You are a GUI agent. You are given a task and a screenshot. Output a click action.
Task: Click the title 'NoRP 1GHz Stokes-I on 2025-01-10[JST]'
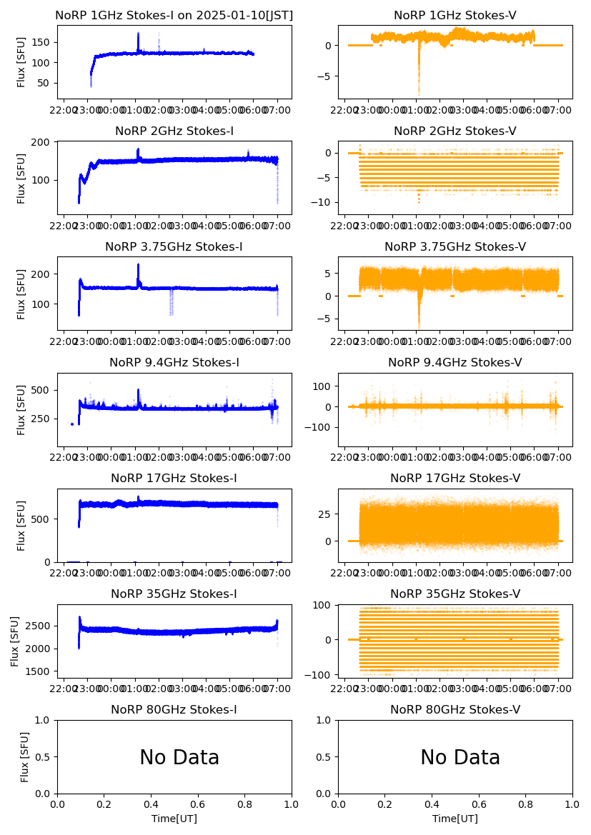click(x=174, y=16)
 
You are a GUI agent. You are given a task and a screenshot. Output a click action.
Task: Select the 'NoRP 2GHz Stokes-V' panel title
click(x=455, y=131)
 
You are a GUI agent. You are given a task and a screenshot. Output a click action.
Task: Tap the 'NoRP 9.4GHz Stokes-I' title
click(x=174, y=363)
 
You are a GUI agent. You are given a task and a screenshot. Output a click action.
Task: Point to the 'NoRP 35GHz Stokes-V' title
click(x=455, y=594)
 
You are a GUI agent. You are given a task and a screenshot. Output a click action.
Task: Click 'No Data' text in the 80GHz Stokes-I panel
click(x=179, y=757)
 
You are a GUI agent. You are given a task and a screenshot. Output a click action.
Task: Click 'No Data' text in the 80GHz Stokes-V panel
click(x=460, y=757)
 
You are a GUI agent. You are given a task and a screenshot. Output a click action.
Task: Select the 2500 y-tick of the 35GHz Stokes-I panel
click(x=37, y=626)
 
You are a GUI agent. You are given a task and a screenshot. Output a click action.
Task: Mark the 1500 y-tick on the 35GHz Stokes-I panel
click(x=37, y=672)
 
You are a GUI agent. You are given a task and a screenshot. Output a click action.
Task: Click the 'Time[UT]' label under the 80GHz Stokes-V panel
click(x=455, y=819)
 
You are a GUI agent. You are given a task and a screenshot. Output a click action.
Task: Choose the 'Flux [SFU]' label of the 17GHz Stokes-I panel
click(x=21, y=526)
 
